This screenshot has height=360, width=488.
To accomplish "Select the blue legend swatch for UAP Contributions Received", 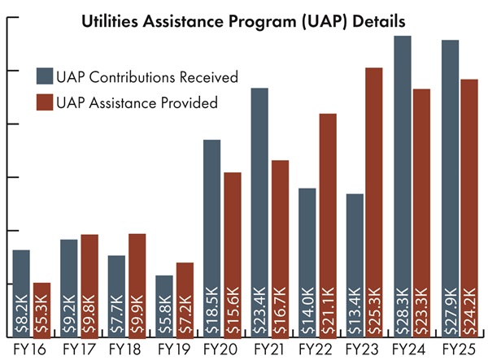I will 44,76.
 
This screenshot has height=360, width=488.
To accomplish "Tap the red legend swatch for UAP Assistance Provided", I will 44,102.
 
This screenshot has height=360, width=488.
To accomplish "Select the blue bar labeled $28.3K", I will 402,179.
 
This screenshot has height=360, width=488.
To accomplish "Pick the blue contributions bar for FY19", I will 164,301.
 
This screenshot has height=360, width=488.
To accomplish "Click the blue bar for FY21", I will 259,203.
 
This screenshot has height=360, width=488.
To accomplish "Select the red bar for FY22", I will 327,219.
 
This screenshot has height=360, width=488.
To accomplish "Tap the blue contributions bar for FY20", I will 211,228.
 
